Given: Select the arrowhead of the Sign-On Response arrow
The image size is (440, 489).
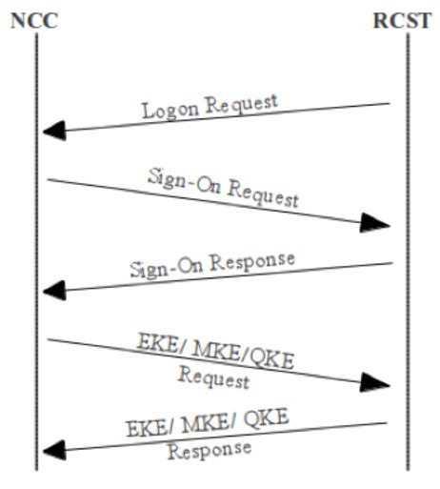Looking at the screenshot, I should click(x=52, y=285).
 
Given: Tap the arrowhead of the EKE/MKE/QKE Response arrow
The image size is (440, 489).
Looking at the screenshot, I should click(x=52, y=446).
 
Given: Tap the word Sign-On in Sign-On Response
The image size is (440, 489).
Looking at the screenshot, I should click(x=161, y=268).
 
